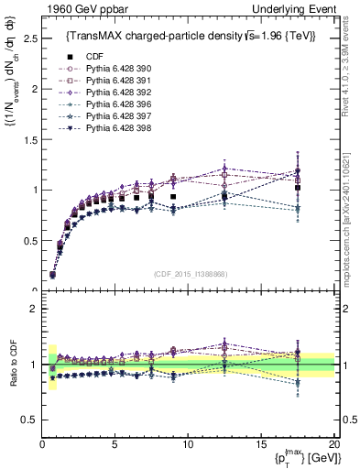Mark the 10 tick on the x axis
click(x=188, y=445)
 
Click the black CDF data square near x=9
click(x=173, y=197)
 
